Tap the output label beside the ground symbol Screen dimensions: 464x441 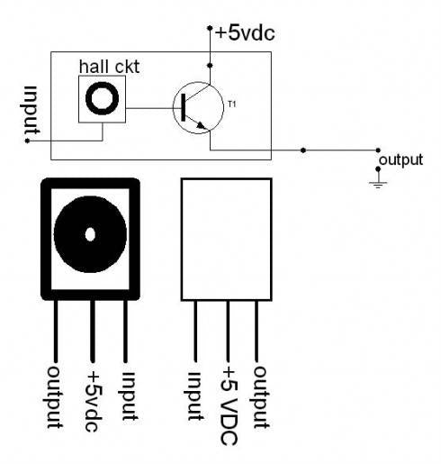pyautogui.click(x=401, y=159)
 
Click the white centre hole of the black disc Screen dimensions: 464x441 pyautogui.click(x=90, y=235)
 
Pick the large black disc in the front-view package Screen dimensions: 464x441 pyautogui.click(x=90, y=235)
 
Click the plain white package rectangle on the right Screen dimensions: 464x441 pyautogui.click(x=226, y=238)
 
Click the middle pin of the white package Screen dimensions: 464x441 pyautogui.click(x=227, y=329)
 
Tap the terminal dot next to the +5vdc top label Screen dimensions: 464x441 pyautogui.click(x=210, y=28)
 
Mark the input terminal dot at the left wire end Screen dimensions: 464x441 pyautogui.click(x=28, y=141)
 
